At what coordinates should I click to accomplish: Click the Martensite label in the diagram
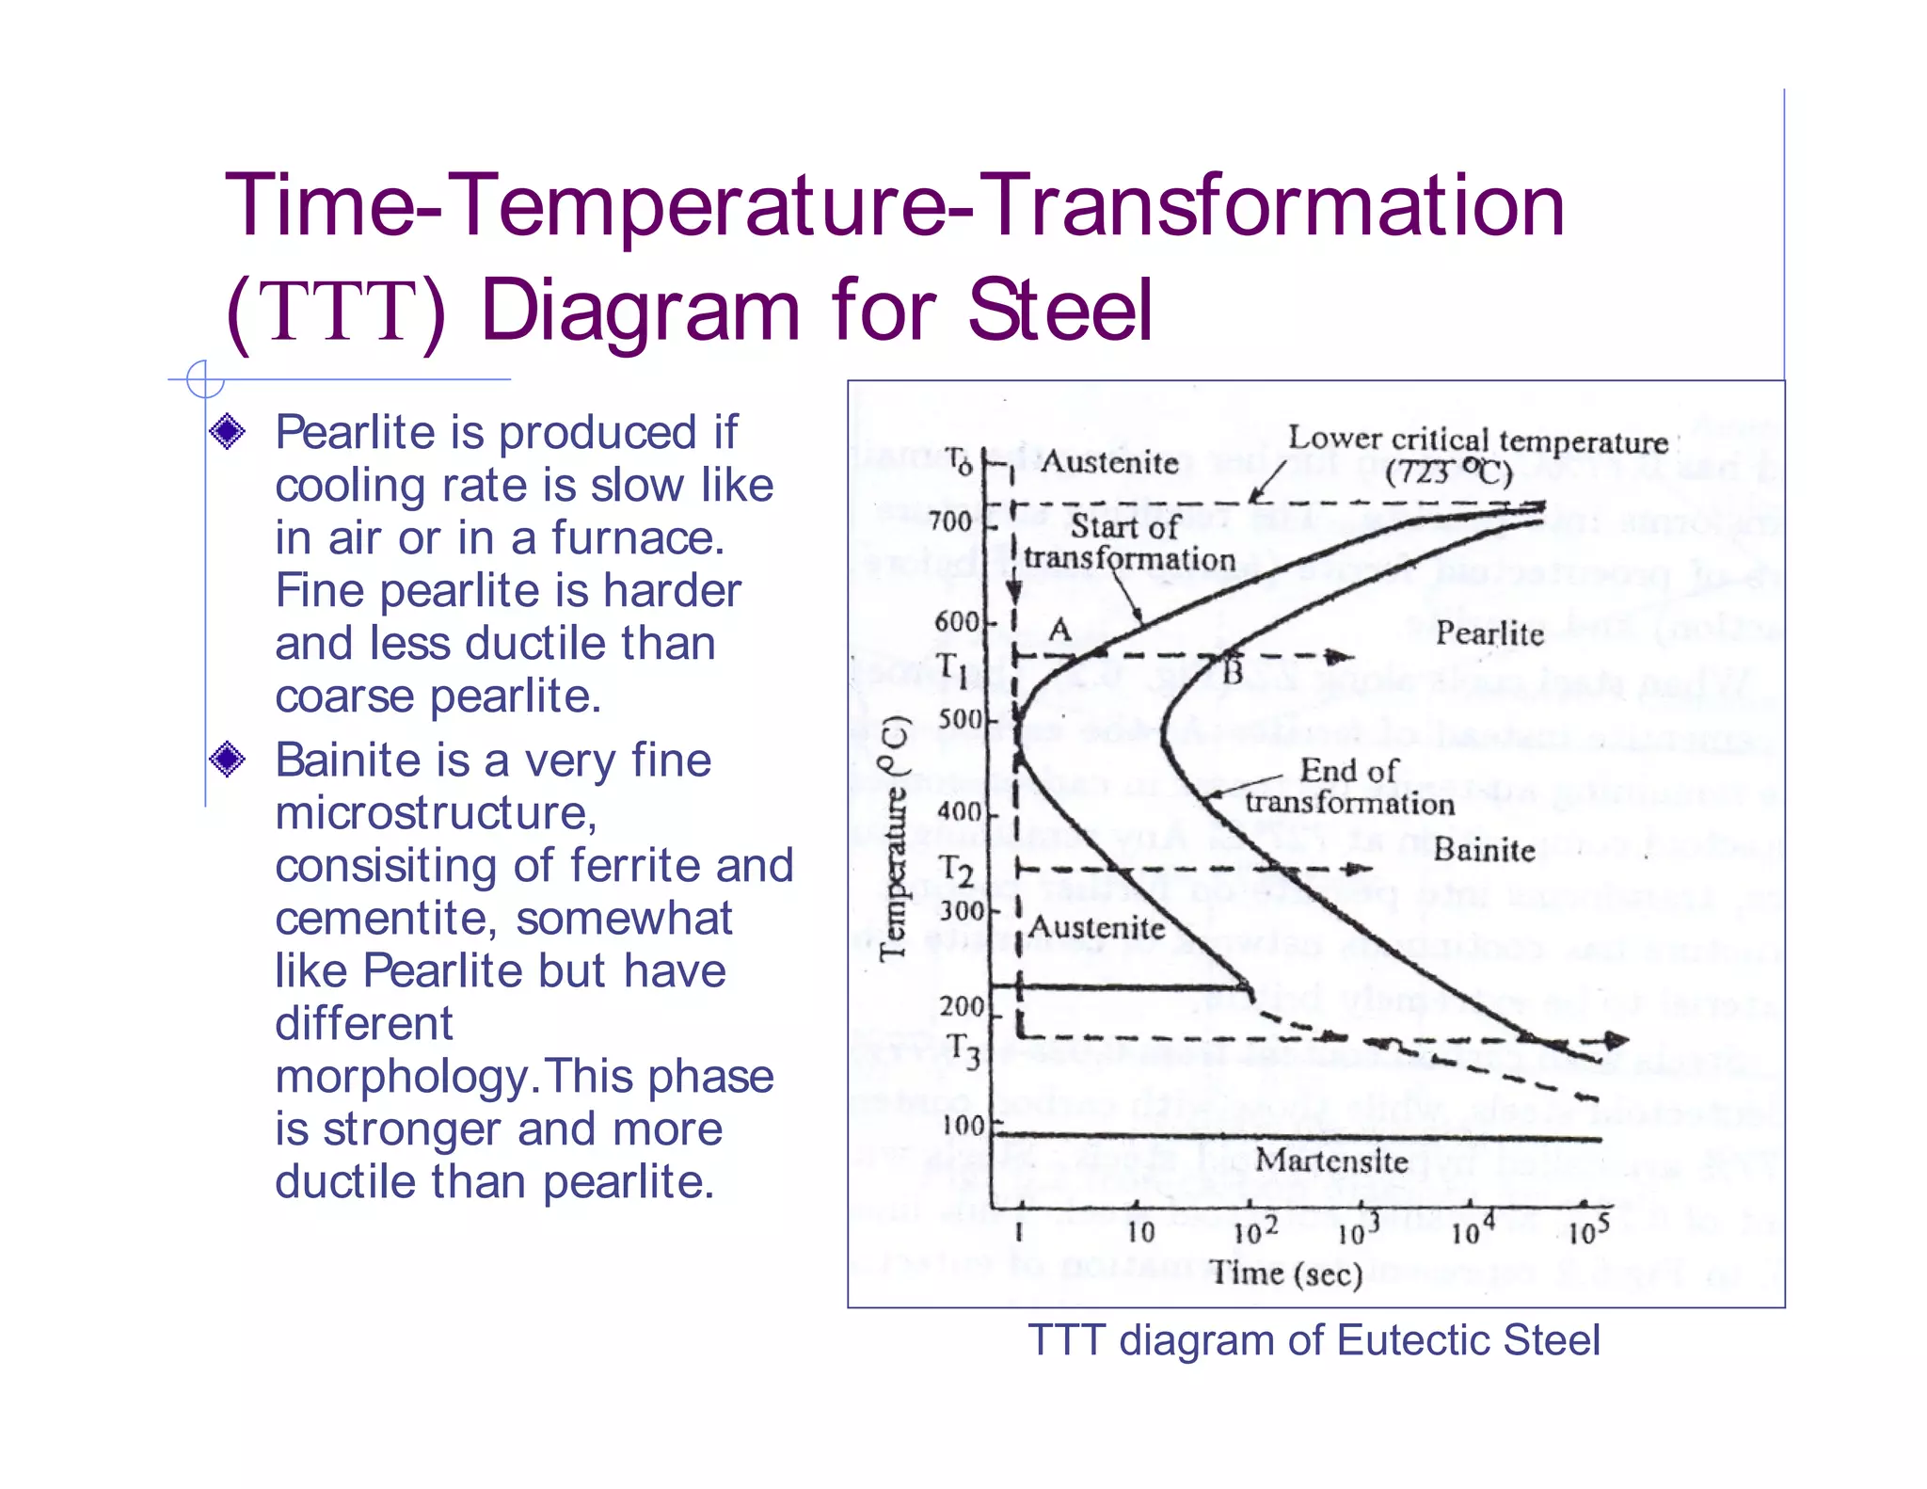(x=1330, y=1161)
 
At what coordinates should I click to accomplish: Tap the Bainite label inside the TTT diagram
(x=1484, y=851)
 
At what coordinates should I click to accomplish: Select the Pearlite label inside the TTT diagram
(x=1489, y=633)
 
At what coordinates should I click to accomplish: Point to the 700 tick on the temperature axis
(x=950, y=521)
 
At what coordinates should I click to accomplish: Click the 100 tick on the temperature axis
(x=963, y=1125)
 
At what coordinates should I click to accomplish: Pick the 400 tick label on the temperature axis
(x=960, y=811)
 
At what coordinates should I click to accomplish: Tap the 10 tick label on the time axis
(x=1140, y=1232)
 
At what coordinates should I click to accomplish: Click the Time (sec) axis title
(x=1286, y=1273)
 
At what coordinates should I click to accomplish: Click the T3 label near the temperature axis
(x=963, y=1050)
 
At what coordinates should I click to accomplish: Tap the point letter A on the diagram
(x=1060, y=628)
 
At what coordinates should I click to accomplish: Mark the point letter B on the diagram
(x=1233, y=672)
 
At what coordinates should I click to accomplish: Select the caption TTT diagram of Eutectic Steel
(x=1313, y=1340)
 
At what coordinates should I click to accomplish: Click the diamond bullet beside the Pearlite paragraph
(x=228, y=432)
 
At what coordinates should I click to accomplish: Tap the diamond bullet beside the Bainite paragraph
(x=228, y=759)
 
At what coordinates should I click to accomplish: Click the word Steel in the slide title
(x=1059, y=311)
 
